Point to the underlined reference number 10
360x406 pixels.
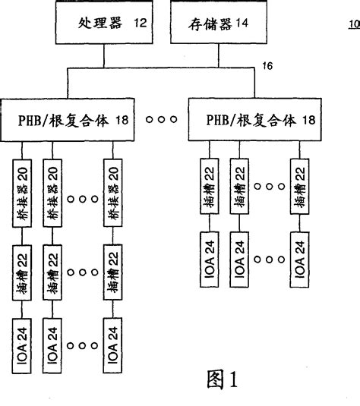click(x=353, y=24)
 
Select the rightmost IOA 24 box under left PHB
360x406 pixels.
click(x=112, y=346)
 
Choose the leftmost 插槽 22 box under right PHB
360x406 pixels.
click(x=209, y=184)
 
